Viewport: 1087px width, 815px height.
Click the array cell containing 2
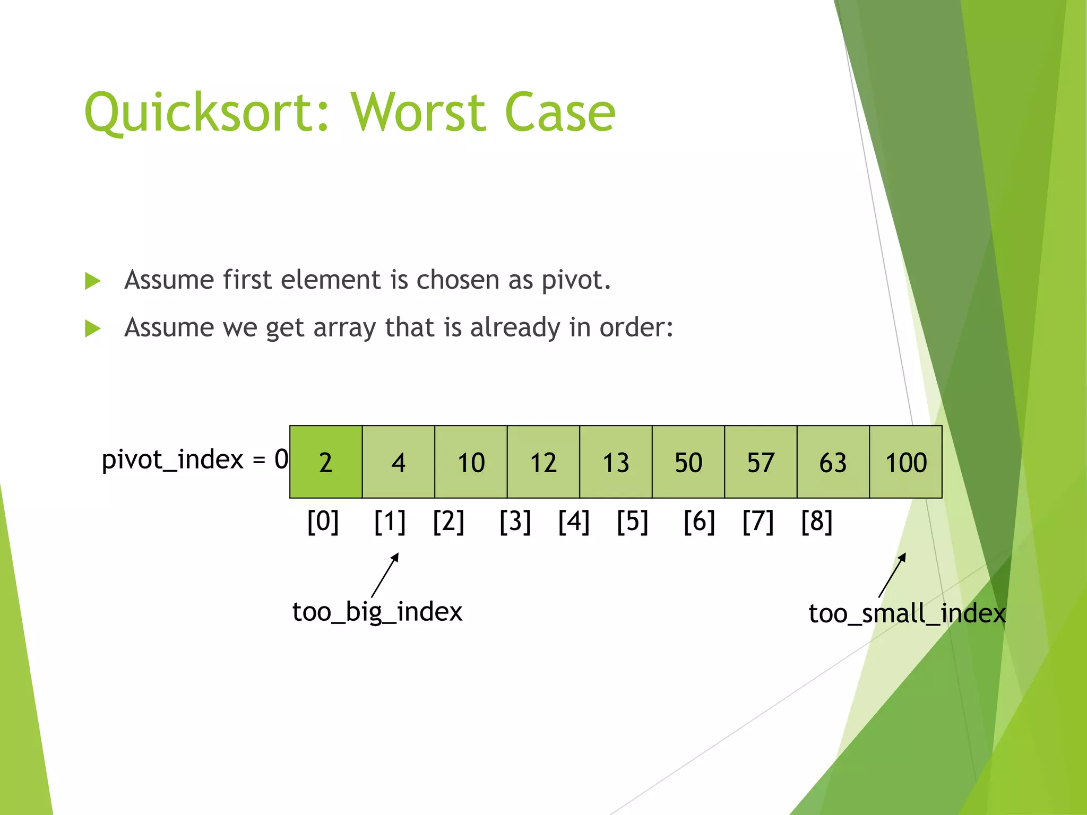coord(326,462)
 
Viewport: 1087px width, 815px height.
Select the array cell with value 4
coord(398,462)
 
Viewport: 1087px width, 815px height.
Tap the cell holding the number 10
coord(471,462)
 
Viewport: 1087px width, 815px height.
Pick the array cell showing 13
coord(616,462)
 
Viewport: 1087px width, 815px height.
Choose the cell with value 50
coord(688,462)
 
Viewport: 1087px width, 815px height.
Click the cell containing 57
coord(761,462)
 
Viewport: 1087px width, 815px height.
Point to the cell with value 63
coord(833,462)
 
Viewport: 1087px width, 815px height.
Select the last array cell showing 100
coord(905,462)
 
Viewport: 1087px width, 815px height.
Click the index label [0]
coord(323,522)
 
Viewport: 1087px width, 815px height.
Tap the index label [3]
coord(515,522)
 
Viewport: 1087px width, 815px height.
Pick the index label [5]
coord(632,522)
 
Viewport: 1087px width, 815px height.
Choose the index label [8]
coord(816,522)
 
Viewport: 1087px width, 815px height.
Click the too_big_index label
coord(377,612)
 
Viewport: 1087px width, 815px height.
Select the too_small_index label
coord(907,614)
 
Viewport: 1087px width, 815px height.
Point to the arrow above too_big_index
coord(385,575)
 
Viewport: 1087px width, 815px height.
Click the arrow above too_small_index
coord(893,575)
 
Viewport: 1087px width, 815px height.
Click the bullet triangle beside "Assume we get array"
coord(93,328)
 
